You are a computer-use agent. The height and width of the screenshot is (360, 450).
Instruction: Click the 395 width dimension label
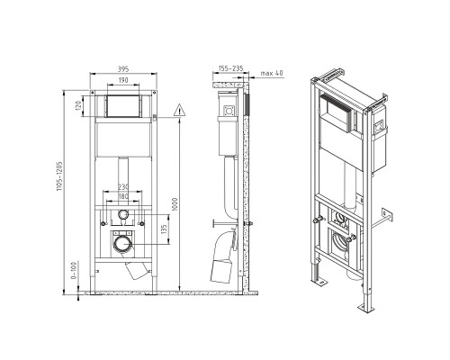pyautogui.click(x=123, y=69)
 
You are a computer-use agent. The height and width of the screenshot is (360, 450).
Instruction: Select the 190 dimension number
pyautogui.click(x=123, y=80)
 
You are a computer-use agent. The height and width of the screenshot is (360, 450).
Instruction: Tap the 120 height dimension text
pyautogui.click(x=78, y=106)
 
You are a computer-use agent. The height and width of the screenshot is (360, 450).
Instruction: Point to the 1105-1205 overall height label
pyautogui.click(x=59, y=176)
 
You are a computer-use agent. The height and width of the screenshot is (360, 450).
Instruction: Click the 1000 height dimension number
pyautogui.click(x=175, y=204)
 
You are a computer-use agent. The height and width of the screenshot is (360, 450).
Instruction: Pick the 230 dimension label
pyautogui.click(x=123, y=187)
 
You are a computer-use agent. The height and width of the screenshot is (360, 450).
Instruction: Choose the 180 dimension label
pyautogui.click(x=123, y=196)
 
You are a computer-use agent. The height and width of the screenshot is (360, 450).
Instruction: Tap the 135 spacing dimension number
pyautogui.click(x=164, y=229)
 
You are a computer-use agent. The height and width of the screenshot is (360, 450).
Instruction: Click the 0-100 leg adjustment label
pyautogui.click(x=74, y=270)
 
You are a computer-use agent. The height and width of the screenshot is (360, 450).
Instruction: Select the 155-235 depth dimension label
pyautogui.click(x=230, y=68)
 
